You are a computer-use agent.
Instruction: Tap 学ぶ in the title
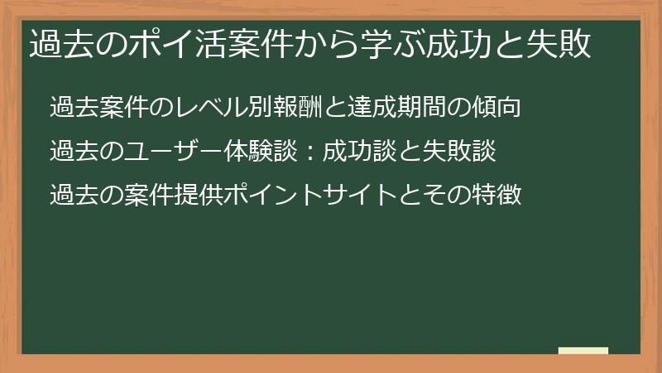pyautogui.click(x=378, y=44)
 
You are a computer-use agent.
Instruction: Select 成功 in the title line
pyautogui.click(x=439, y=44)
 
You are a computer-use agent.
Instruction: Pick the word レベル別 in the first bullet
pyautogui.click(x=216, y=108)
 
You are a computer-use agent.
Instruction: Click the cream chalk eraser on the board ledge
pyautogui.click(x=583, y=351)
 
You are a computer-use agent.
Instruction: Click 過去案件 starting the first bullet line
pyautogui.click(x=97, y=108)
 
